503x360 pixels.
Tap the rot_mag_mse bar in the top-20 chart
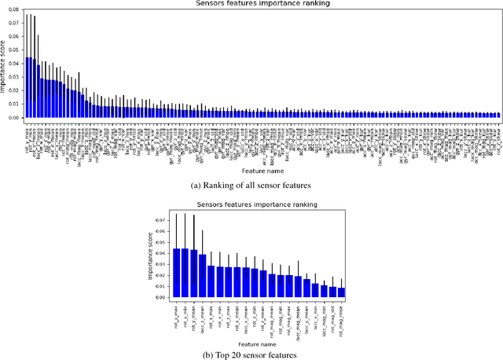click(x=341, y=292)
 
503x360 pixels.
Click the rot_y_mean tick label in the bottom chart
click(x=193, y=315)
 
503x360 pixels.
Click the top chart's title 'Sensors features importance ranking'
click(x=251, y=4)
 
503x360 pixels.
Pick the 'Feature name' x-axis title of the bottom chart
click(x=258, y=343)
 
